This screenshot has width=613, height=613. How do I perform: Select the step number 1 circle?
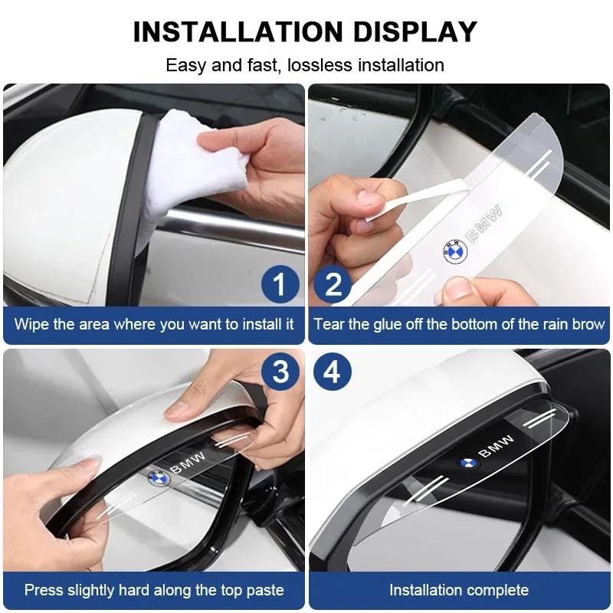pyautogui.click(x=280, y=284)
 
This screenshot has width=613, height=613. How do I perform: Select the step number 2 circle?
pyautogui.click(x=333, y=284)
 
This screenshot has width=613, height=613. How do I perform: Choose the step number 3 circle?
pyautogui.click(x=280, y=372)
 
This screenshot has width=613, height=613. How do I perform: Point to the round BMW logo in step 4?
pyautogui.click(x=467, y=463)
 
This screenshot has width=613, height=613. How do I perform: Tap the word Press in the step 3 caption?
pyautogui.click(x=43, y=590)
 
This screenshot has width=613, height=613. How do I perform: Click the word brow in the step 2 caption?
pyautogui.click(x=588, y=324)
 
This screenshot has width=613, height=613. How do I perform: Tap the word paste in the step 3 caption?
pyautogui.click(x=263, y=590)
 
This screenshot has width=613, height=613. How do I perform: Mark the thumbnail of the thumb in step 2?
pyautogui.click(x=457, y=289)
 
